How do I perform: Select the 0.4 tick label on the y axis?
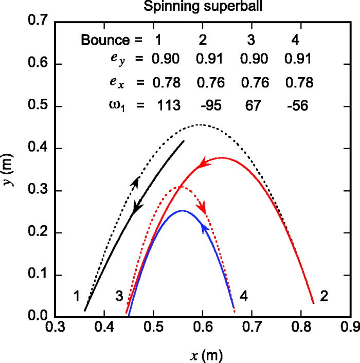pyautogui.click(x=39, y=149)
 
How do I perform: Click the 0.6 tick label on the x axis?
pyautogui.click(x=202, y=327)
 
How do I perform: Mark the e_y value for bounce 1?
pyautogui.click(x=165, y=60)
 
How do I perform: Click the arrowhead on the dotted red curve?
pyautogui.click(x=204, y=208)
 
